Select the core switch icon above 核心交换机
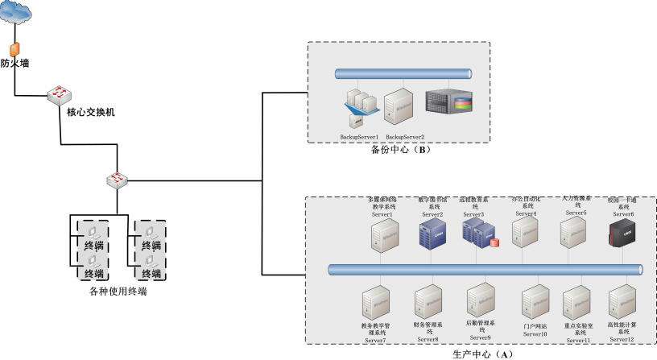tap(59, 94)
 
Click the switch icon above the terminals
tap(118, 178)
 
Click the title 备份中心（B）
tap(398, 150)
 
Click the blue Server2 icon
tap(428, 234)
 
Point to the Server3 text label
tap(473, 215)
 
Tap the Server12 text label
tap(621, 340)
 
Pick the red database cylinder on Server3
tap(493, 242)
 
